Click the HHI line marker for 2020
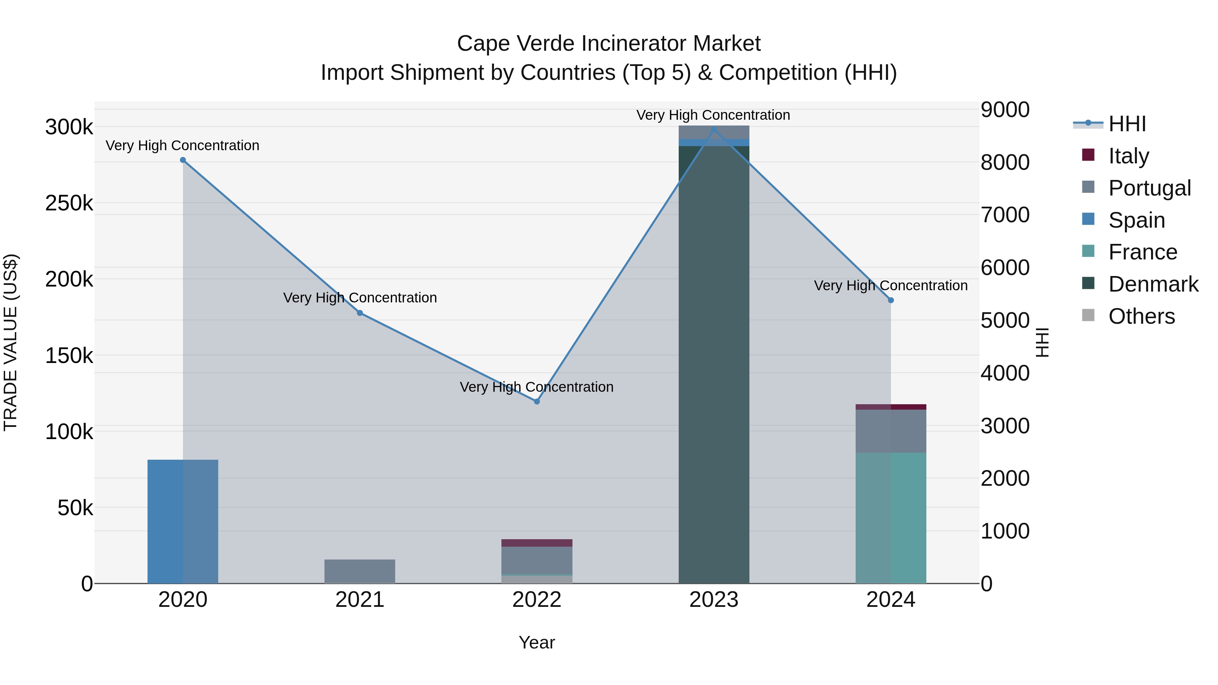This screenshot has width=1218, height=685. [x=183, y=160]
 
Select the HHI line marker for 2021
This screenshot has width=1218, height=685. [x=360, y=313]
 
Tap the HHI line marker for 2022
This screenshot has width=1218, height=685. [x=537, y=401]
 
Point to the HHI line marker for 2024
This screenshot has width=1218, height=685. [x=891, y=300]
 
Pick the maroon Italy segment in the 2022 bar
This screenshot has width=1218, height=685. [x=537, y=543]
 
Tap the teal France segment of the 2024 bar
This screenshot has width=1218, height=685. [x=891, y=518]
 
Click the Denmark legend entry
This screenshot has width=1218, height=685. [x=1153, y=284]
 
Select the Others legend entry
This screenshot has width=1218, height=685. [x=1141, y=316]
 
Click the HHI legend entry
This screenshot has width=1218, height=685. [x=1127, y=124]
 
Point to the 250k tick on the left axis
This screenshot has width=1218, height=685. [x=69, y=203]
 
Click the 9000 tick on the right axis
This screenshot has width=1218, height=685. [x=1005, y=110]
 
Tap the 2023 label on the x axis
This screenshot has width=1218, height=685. [x=714, y=600]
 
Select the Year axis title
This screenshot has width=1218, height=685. [x=537, y=642]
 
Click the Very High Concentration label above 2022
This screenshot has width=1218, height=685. [x=537, y=387]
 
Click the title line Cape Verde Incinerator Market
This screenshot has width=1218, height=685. [x=609, y=44]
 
